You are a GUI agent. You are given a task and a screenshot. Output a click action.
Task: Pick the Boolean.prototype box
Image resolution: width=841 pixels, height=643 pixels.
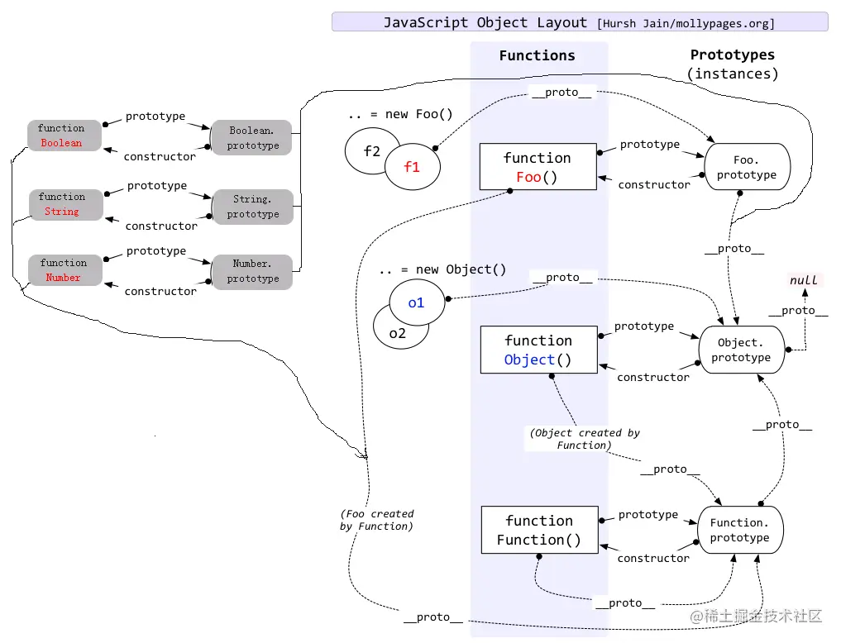point(251,138)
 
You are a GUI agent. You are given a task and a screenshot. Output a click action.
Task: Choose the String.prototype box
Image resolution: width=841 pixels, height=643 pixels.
point(252,207)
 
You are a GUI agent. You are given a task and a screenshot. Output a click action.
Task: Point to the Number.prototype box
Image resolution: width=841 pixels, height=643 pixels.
point(252,271)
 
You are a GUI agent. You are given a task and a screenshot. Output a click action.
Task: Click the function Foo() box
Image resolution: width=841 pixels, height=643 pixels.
point(538,167)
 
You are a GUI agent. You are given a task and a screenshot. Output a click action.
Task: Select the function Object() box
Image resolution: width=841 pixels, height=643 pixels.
point(538,350)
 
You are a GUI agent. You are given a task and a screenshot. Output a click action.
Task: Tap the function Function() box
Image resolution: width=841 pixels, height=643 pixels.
point(538,530)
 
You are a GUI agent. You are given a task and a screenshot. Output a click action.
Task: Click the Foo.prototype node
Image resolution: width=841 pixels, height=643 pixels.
point(746,168)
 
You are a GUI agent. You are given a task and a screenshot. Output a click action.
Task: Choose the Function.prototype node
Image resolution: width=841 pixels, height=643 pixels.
point(739,531)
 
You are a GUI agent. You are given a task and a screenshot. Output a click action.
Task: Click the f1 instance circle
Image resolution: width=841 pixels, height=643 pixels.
point(412,167)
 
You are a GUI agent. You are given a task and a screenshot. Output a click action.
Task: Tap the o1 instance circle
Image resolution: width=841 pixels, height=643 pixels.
point(417,302)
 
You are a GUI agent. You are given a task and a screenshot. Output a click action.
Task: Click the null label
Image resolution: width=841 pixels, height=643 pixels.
point(803,280)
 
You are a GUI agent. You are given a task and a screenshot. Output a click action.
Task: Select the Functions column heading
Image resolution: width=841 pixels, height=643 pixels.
point(538,56)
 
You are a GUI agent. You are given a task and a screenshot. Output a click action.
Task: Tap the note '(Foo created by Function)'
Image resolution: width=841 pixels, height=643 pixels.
point(377,520)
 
